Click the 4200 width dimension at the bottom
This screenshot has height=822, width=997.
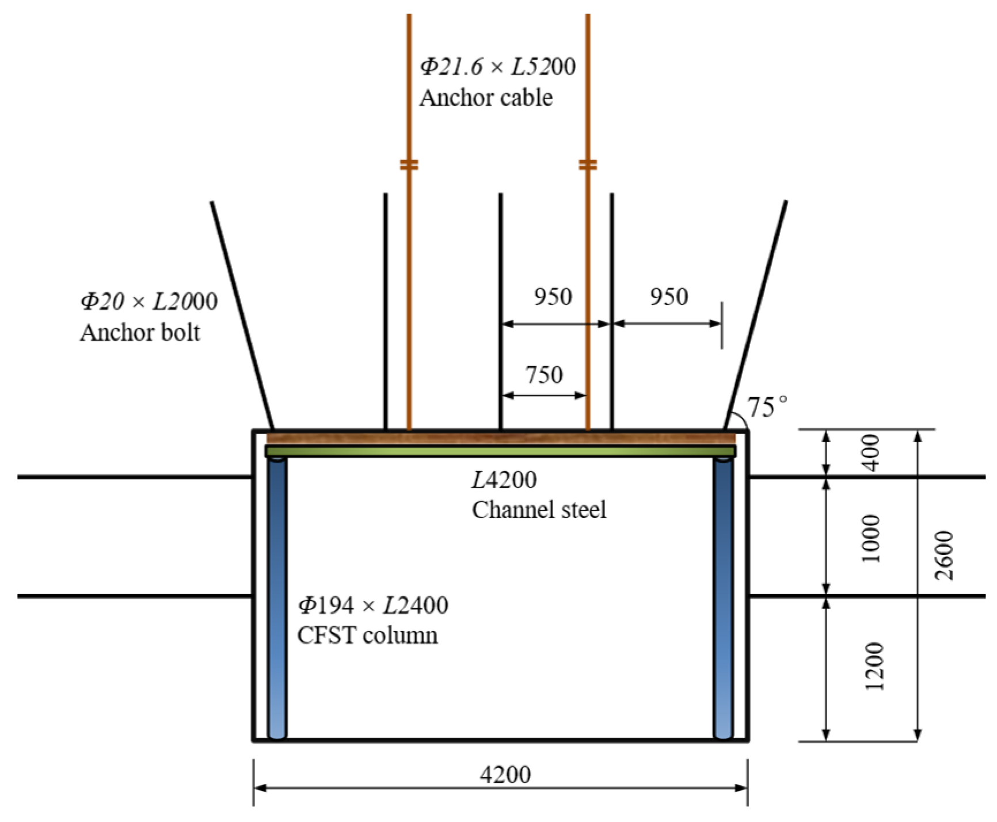point(505,774)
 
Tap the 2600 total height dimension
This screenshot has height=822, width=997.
point(945,555)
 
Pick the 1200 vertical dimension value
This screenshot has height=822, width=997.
point(874,665)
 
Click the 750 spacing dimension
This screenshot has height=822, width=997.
point(544,375)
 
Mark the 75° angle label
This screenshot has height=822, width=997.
point(767,408)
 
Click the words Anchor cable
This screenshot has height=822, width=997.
point(486,98)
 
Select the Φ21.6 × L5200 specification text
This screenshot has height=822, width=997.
point(497,67)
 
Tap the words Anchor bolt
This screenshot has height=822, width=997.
point(140,333)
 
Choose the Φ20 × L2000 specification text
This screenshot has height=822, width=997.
point(149,302)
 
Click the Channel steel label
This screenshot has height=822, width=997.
point(539,510)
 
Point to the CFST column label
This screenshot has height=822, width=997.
point(367,635)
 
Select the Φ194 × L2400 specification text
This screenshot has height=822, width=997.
point(373,605)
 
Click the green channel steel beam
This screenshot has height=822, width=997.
point(500,451)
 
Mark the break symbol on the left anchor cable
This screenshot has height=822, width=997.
point(409,165)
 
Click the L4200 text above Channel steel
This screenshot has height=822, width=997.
point(504,479)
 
